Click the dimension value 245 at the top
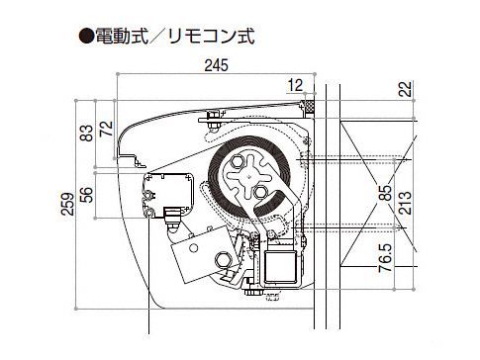tap(216, 65)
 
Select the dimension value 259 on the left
tap(68, 204)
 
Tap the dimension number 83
tap(87, 133)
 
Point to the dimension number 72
tap(106, 129)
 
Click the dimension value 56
tap(87, 195)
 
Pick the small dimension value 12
tap(295, 86)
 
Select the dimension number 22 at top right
tap(406, 89)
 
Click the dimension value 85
tap(386, 192)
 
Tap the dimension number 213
tap(405, 203)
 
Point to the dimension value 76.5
tap(386, 258)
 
